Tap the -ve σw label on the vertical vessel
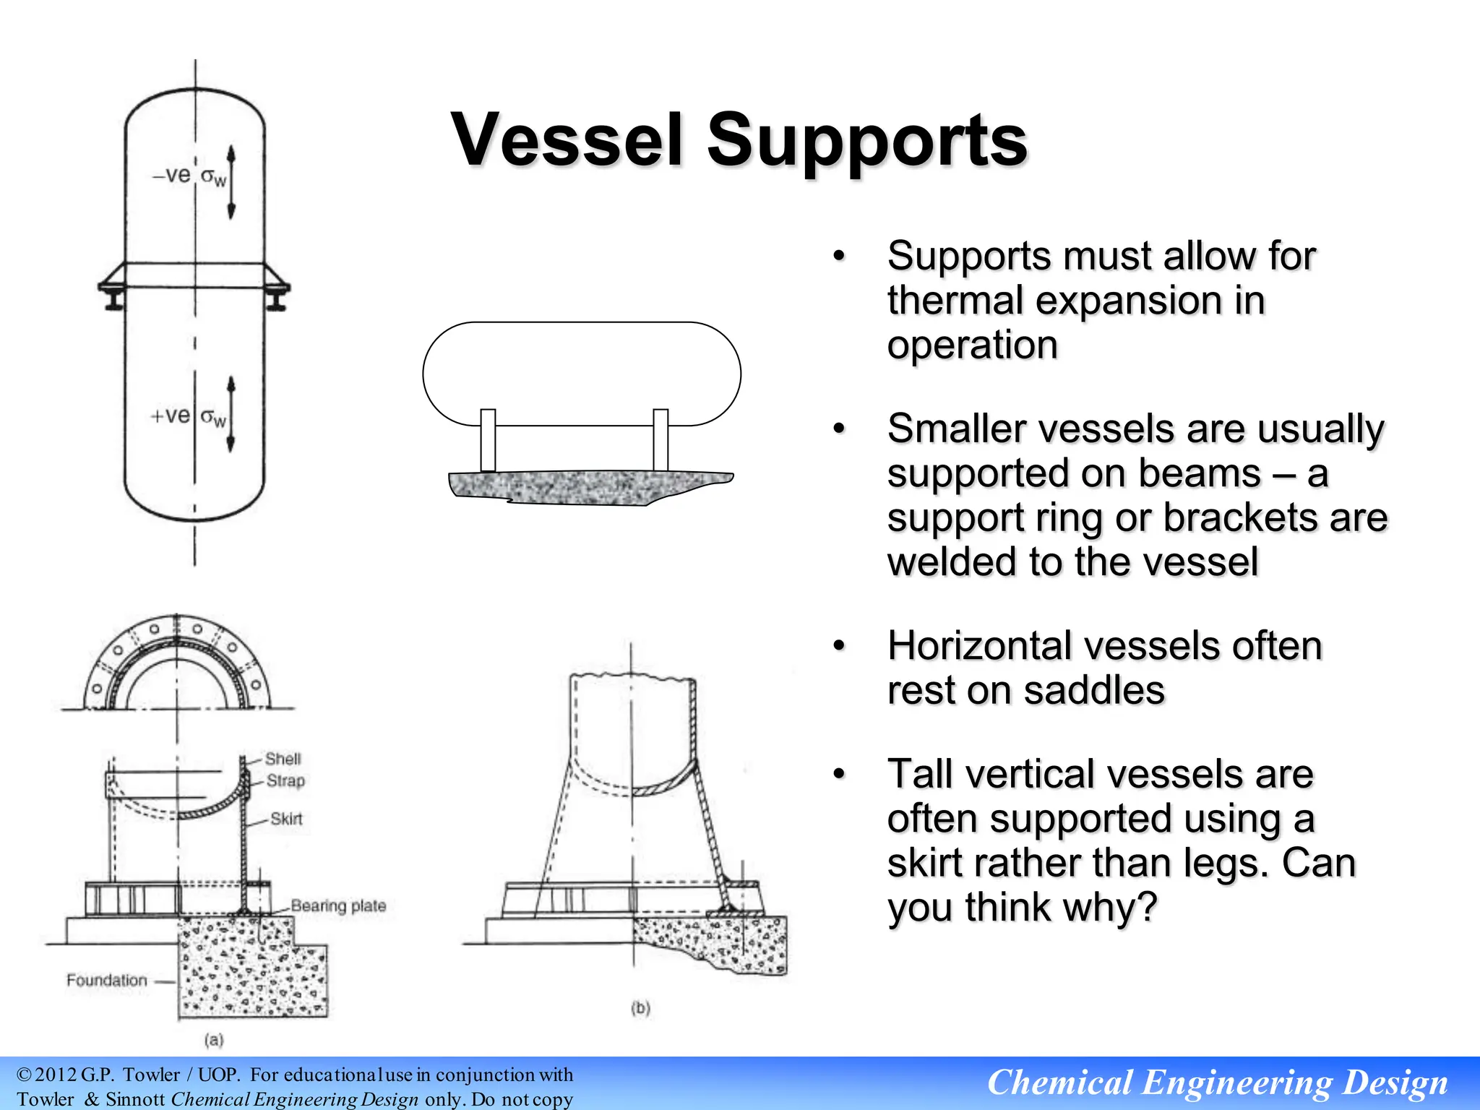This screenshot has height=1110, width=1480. [x=189, y=176]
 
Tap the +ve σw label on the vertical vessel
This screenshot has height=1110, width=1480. [x=187, y=416]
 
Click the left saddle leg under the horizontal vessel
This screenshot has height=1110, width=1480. [x=488, y=440]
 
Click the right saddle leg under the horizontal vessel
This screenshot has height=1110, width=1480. [x=661, y=440]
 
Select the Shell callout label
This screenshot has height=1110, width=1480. [x=283, y=759]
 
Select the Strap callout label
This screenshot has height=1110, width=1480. [x=285, y=780]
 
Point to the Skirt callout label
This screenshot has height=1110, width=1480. [x=286, y=819]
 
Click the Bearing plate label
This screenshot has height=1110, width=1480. [x=338, y=905]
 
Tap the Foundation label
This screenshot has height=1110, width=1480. [x=106, y=981]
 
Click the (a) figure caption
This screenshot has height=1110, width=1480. [x=214, y=1040]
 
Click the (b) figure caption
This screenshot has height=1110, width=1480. [x=640, y=1008]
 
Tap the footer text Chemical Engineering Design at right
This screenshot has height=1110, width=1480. [x=1217, y=1083]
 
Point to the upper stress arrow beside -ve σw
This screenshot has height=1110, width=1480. [x=231, y=182]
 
